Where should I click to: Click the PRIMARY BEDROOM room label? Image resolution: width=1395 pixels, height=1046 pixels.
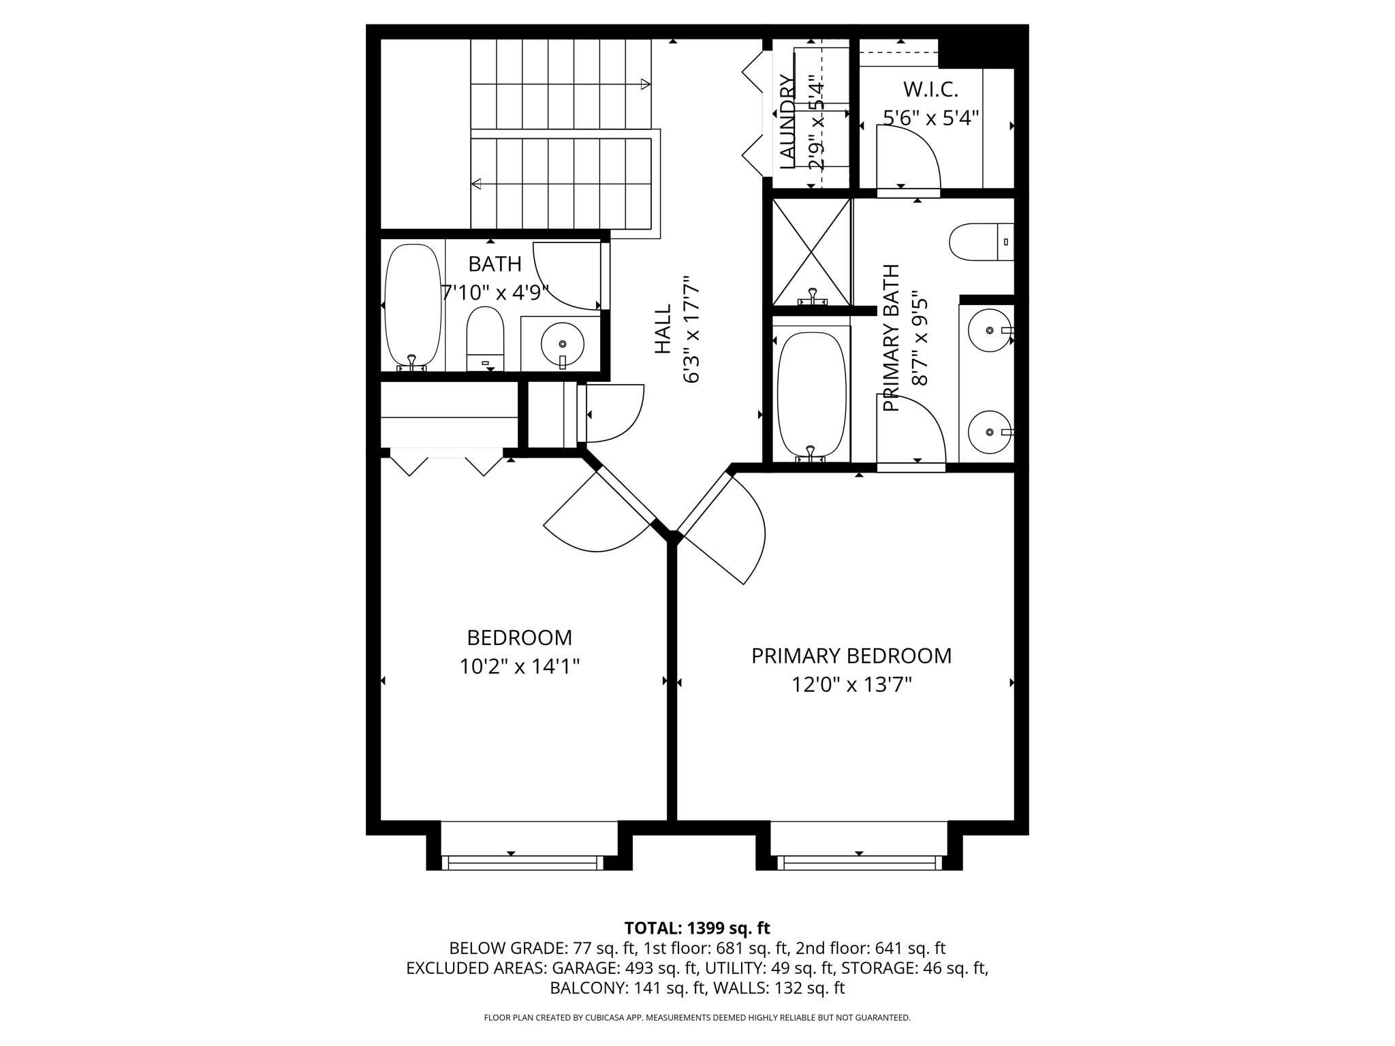pyautogui.click(x=851, y=656)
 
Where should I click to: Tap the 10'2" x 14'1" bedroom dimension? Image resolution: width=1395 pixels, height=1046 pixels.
pyautogui.click(x=519, y=666)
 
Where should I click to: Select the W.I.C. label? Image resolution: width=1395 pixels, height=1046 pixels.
pyautogui.click(x=930, y=89)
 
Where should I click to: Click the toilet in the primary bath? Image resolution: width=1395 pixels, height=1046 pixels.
pyautogui.click(x=979, y=242)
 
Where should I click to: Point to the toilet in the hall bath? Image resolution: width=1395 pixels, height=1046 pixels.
pyautogui.click(x=485, y=339)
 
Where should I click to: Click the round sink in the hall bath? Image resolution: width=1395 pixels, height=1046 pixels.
pyautogui.click(x=562, y=344)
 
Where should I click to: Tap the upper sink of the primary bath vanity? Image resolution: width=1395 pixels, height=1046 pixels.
pyautogui.click(x=989, y=330)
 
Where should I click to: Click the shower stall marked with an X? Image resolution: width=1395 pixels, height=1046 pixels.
pyautogui.click(x=811, y=251)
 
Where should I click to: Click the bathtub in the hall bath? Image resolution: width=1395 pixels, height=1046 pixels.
pyautogui.click(x=413, y=306)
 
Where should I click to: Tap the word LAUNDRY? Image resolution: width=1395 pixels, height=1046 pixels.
pyautogui.click(x=787, y=123)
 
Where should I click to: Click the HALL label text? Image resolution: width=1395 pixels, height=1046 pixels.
pyautogui.click(x=663, y=329)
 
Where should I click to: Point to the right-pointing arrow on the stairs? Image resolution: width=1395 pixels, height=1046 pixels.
pyautogui.click(x=644, y=84)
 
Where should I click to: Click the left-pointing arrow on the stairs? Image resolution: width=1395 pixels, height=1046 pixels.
pyautogui.click(x=477, y=184)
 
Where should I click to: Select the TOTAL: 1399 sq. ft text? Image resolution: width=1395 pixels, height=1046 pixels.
pyautogui.click(x=697, y=928)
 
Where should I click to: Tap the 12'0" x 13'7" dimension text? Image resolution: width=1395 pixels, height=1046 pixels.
pyautogui.click(x=851, y=684)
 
